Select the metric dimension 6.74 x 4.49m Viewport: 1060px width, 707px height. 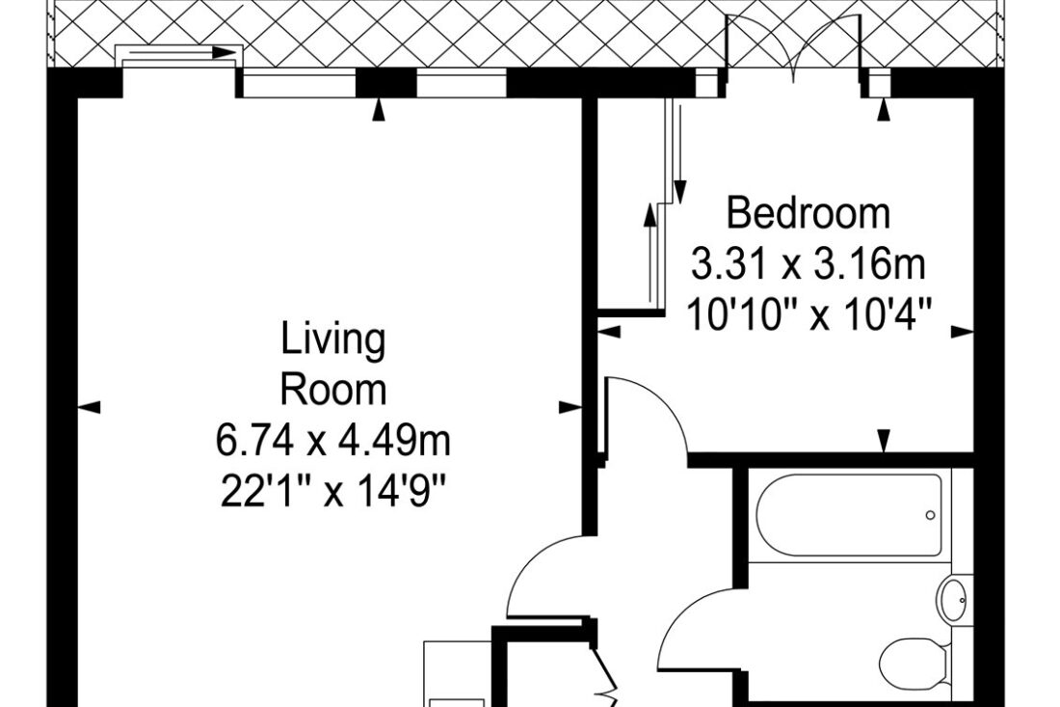pyautogui.click(x=332, y=442)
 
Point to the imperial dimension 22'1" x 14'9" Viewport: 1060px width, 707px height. pyautogui.click(x=332, y=492)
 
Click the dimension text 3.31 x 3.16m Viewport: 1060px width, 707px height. pyautogui.click(x=808, y=264)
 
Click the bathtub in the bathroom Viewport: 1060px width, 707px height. pyautogui.click(x=848, y=515)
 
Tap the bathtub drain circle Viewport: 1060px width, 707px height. pyautogui.click(x=930, y=515)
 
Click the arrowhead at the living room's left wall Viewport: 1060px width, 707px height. pyautogui.click(x=90, y=407)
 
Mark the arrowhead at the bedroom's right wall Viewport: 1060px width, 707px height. pyautogui.click(x=963, y=332)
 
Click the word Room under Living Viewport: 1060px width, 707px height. pyautogui.click(x=333, y=391)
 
